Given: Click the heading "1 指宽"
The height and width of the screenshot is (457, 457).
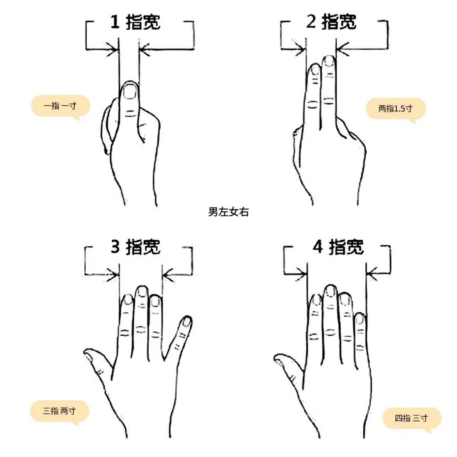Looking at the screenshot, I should coord(135,22).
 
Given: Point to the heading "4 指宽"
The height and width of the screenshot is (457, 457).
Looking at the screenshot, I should coord(337,247).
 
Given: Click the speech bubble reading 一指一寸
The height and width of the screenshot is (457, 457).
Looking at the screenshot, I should coord(60,106).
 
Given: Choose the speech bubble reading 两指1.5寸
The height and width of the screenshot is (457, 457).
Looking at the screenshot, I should coord(395,108).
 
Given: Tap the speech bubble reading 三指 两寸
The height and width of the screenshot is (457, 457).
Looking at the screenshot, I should coord(59,411).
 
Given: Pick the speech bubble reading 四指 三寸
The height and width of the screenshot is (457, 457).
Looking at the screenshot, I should coord(411,418).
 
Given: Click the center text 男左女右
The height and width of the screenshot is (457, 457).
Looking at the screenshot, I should coord(228,212).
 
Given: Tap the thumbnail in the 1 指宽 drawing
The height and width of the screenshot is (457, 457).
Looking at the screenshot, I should coord(129,91).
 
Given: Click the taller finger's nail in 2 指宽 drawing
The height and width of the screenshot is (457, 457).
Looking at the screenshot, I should coord(329,61).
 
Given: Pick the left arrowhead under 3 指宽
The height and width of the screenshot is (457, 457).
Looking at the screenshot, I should coord(115,275).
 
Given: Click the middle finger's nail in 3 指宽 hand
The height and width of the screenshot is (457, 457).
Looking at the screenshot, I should coord(142,291).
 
